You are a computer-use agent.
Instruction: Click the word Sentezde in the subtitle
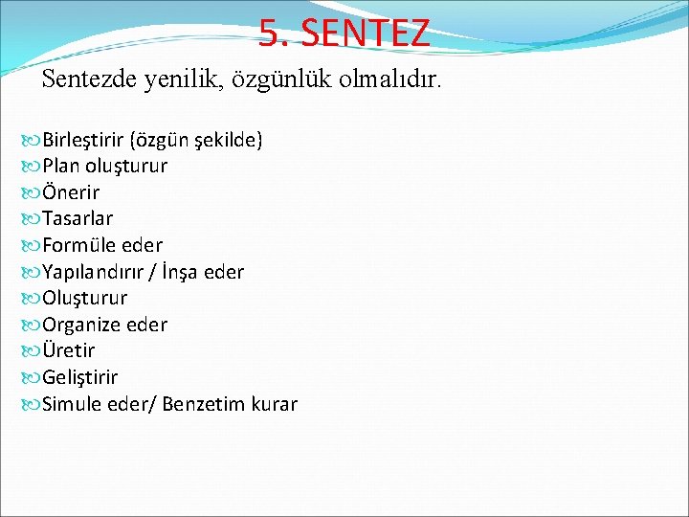click(91, 79)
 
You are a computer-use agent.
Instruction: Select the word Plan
click(61, 166)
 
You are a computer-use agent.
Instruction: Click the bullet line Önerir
click(70, 192)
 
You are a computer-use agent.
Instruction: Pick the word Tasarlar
click(78, 219)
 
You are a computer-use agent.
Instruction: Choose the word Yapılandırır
click(100, 272)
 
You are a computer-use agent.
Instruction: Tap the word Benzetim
click(202, 404)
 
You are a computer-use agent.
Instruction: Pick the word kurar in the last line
click(274, 404)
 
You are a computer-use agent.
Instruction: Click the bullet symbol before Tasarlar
click(31, 219)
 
